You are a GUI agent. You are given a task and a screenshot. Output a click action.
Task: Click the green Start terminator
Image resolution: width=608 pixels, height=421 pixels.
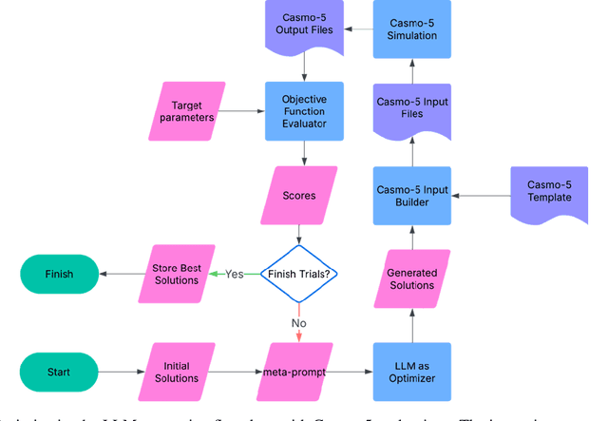pos(60,371)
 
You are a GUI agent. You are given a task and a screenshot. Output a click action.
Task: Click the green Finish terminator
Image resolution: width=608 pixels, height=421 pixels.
pos(60,274)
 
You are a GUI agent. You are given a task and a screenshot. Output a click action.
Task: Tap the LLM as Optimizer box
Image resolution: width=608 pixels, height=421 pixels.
pos(412,371)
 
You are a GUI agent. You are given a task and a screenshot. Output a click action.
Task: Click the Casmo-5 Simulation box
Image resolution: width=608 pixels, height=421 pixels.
pos(412,28)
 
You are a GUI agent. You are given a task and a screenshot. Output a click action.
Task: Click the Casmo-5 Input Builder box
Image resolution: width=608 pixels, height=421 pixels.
pos(412,197)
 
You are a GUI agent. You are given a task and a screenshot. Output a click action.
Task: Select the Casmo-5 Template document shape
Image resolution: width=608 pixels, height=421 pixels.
pos(549,194)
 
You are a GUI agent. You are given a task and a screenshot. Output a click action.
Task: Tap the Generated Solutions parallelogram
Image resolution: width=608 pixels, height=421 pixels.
pos(412,278)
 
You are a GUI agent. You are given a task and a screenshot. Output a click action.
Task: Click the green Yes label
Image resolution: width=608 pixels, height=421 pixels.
pos(235,274)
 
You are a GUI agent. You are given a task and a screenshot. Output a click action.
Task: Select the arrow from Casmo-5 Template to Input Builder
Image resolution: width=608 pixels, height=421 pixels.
pos(481,197)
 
